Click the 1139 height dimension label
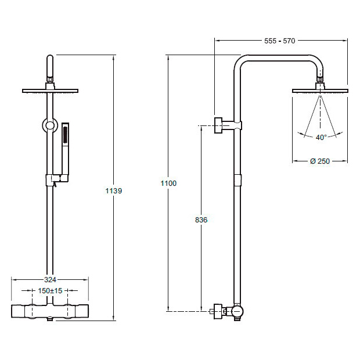114,191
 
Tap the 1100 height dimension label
168,183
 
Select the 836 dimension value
201,219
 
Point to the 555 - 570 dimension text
280,41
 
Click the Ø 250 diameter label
320,161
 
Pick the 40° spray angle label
321,137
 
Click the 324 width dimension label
50,280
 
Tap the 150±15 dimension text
50,291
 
